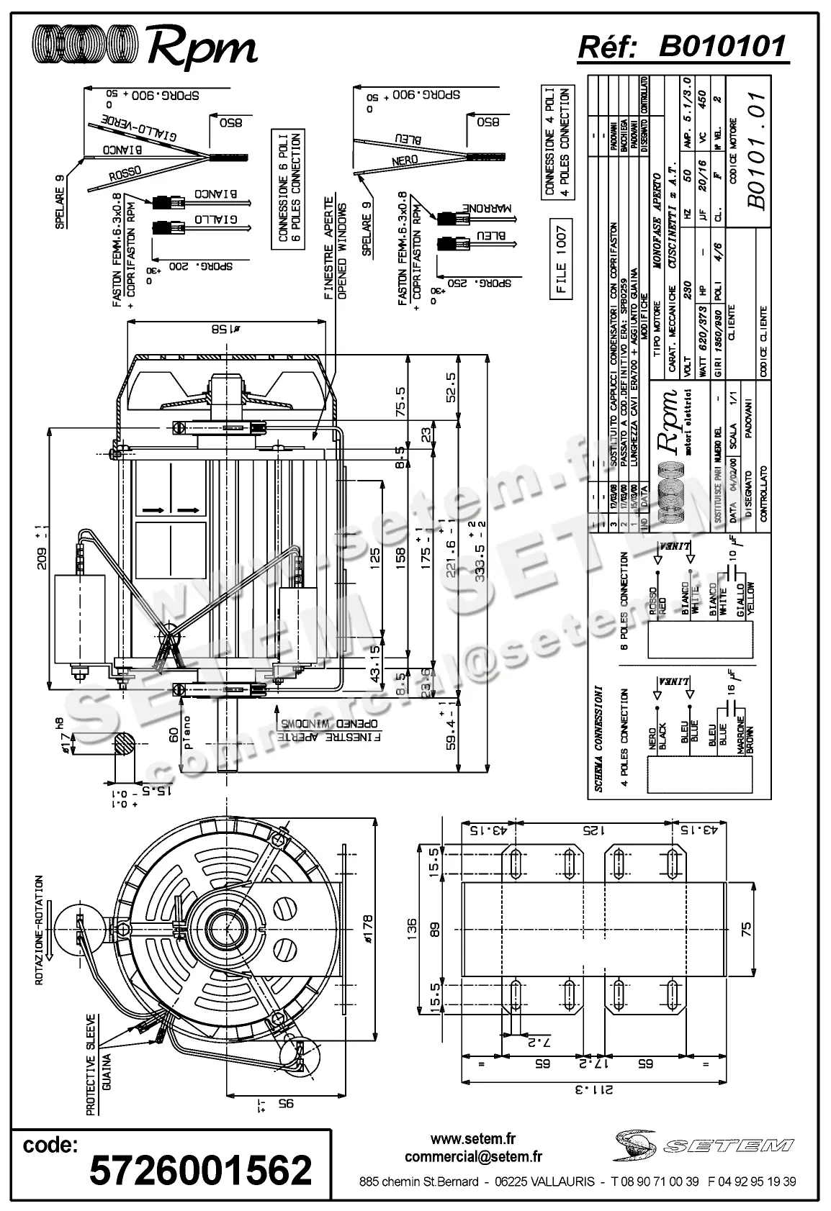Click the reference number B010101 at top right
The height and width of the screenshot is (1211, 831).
(x=722, y=47)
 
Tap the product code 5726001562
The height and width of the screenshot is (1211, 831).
(x=201, y=1170)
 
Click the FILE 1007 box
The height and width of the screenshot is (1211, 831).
(x=562, y=261)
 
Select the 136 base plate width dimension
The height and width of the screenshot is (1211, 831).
(x=412, y=924)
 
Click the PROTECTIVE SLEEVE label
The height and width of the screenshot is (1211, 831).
(x=91, y=1065)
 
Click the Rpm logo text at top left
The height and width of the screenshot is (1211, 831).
(x=202, y=47)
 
